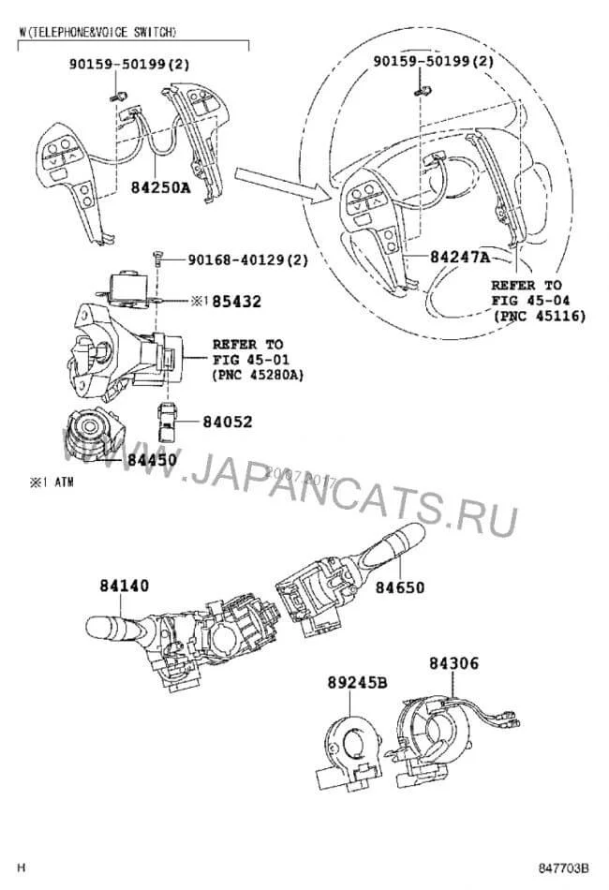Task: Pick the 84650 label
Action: (x=401, y=587)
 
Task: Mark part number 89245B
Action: (x=357, y=683)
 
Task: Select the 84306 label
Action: (x=454, y=663)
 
